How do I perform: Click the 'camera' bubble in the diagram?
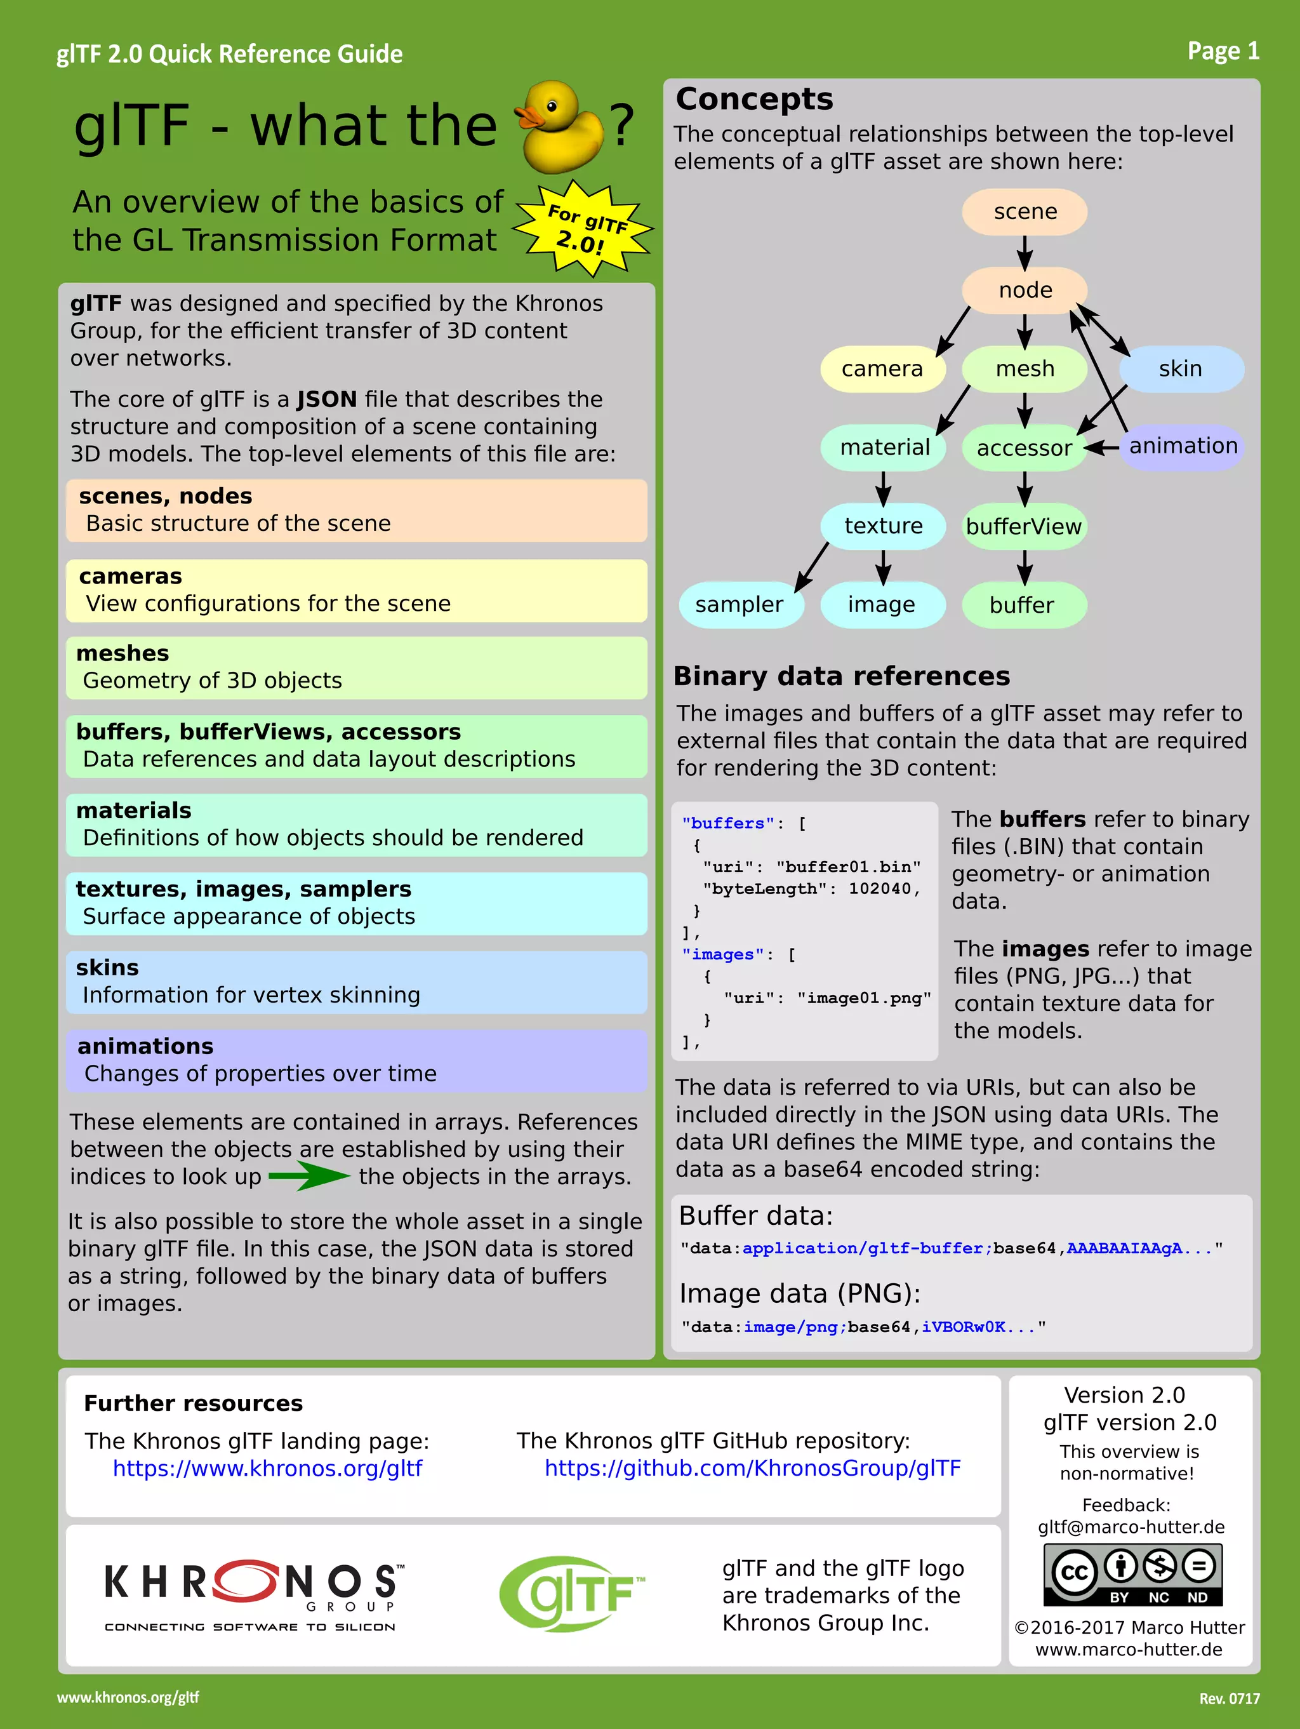(x=882, y=369)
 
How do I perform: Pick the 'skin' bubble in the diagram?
(x=1181, y=369)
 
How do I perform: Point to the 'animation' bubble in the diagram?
(x=1183, y=446)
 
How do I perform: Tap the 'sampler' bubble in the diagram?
(x=739, y=604)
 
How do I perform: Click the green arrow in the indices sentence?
(x=309, y=1175)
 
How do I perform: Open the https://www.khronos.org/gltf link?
(x=267, y=1469)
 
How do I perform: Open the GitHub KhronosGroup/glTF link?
(x=752, y=1469)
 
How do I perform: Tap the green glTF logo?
(x=573, y=1593)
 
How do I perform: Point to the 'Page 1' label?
(x=1223, y=51)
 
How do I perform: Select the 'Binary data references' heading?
(x=842, y=676)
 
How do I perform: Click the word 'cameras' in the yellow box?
(x=131, y=576)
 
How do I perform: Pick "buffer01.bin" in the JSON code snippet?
(x=849, y=867)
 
